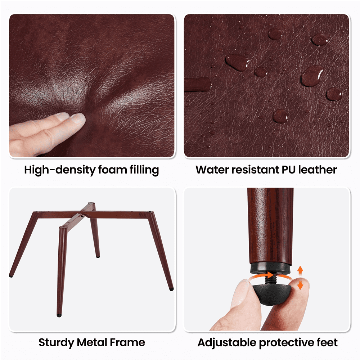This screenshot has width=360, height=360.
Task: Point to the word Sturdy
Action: pyautogui.click(x=56, y=343)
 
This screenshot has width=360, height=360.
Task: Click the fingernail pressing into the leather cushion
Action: pyautogui.click(x=78, y=118)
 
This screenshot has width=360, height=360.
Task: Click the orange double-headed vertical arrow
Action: pyautogui.click(x=300, y=278)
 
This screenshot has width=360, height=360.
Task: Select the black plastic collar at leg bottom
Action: pyautogui.click(x=270, y=269)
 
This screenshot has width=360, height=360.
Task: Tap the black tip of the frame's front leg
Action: pyautogui.click(x=59, y=315)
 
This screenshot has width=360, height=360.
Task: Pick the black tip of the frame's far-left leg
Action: pyautogui.click(x=11, y=275)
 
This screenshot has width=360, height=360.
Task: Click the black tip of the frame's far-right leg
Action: pyautogui.click(x=171, y=289)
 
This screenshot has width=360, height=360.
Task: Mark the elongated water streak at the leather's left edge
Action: pyautogui.click(x=198, y=84)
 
